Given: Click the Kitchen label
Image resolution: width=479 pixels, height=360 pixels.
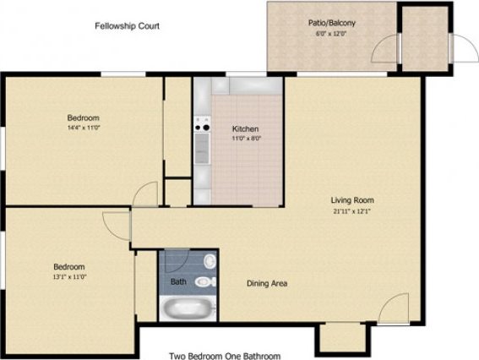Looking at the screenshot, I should (246, 128).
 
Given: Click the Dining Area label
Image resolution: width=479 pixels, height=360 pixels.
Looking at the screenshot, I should (266, 283).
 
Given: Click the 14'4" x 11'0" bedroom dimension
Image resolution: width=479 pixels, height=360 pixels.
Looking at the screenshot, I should (84, 128).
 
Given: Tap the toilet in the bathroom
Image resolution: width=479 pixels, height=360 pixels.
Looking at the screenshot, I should (205, 282).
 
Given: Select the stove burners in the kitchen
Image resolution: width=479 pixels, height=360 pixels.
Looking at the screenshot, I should (202, 127).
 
